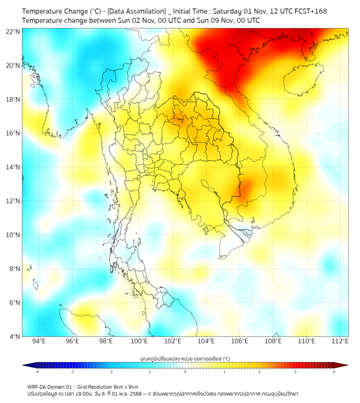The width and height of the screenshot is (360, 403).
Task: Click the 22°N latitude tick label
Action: click(x=13, y=31)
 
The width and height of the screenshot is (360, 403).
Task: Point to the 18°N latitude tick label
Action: click(x=13, y=100)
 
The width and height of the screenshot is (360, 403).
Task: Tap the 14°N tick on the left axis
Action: click(x=13, y=167)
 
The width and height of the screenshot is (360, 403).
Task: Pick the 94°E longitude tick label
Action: click(x=39, y=341)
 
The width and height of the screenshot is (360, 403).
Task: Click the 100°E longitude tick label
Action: click(x=139, y=341)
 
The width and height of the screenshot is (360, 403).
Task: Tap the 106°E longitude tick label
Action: click(x=240, y=341)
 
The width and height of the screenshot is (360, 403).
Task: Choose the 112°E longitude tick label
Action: click(x=340, y=341)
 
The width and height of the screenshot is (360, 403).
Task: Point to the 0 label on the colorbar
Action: click(x=185, y=372)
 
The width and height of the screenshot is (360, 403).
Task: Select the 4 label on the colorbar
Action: click(x=333, y=372)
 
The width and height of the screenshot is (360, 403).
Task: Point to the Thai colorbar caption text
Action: click(x=185, y=359)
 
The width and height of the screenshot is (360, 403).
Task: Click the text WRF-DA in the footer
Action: click(x=37, y=387)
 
